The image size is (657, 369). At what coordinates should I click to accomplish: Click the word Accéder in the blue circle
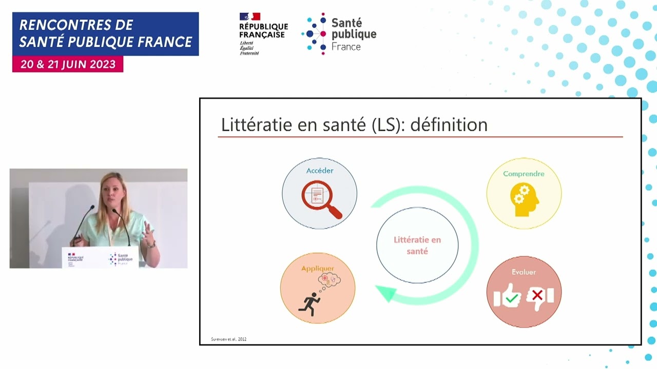tap(320, 171)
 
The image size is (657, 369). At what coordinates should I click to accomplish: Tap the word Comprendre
tap(524, 174)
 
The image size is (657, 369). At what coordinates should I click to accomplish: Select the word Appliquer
tap(317, 269)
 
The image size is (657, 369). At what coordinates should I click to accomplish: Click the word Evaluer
tap(524, 272)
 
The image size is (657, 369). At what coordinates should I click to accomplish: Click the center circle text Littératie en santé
tap(417, 245)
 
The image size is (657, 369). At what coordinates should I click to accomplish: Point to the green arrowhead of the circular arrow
tap(386, 294)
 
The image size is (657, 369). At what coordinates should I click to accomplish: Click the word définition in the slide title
tap(449, 125)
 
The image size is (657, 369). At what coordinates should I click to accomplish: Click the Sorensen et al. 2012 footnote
tap(228, 339)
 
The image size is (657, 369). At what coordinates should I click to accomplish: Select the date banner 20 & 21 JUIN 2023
tap(68, 64)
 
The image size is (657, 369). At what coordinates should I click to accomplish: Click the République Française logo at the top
tap(263, 33)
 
